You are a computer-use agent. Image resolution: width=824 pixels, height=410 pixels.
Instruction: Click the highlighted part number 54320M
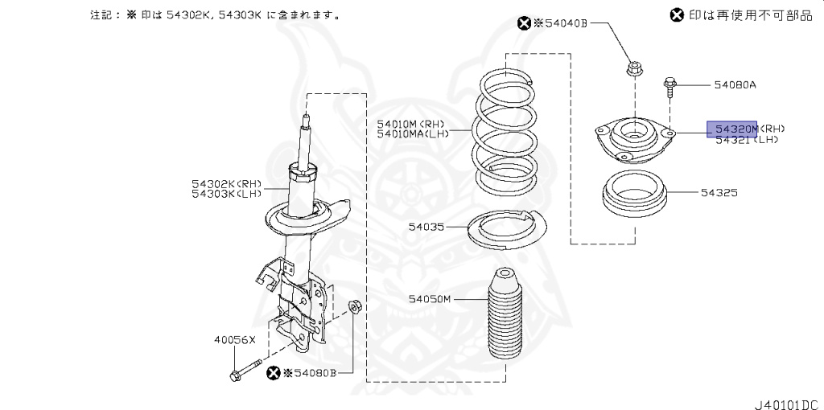732,129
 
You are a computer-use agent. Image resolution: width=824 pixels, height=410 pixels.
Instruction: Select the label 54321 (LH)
747,140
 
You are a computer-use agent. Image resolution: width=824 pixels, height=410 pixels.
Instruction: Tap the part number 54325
719,193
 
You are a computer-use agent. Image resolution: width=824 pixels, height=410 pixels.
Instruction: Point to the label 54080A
735,84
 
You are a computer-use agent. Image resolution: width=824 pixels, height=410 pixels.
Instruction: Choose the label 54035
426,228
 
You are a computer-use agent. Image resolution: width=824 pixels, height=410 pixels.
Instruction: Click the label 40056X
234,339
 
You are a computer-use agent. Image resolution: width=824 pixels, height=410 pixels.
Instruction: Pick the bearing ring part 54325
635,196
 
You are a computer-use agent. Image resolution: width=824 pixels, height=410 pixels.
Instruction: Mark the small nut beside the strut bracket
355,305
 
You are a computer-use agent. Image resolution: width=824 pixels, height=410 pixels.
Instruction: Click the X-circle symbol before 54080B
274,372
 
